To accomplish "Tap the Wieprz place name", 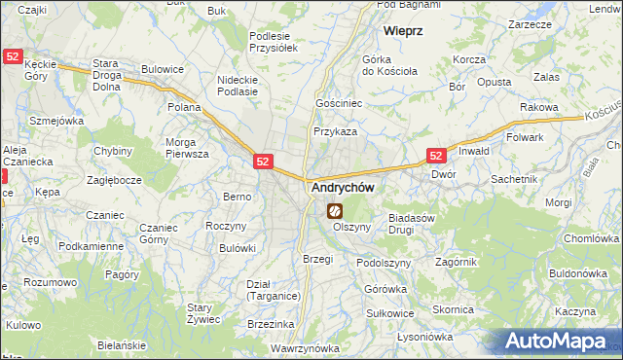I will (x=402, y=31).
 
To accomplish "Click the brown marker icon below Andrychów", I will (x=334, y=210).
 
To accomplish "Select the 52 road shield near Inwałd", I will (x=435, y=155).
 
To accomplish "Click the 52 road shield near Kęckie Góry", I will (x=13, y=57).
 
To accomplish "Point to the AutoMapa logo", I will (x=559, y=341).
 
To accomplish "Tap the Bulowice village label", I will (x=163, y=69).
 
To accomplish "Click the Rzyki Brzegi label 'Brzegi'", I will (x=317, y=259).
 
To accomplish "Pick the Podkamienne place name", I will (x=91, y=246).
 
